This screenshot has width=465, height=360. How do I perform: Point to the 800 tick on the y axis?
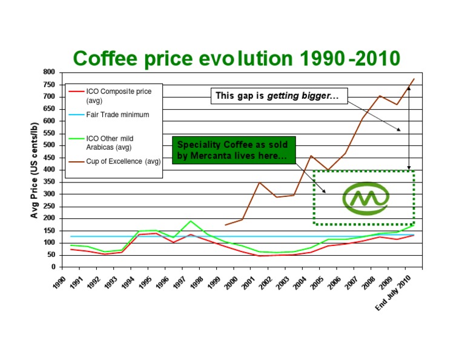(48, 72)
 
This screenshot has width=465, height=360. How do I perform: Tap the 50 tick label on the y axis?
(50, 255)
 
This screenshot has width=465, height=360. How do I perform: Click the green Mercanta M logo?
(366, 198)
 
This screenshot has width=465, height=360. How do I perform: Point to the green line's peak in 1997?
(191, 221)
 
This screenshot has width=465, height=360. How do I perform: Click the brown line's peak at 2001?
(259, 182)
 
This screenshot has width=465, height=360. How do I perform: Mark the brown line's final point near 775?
(414, 79)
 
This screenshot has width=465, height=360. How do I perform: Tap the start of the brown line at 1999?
(225, 225)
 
